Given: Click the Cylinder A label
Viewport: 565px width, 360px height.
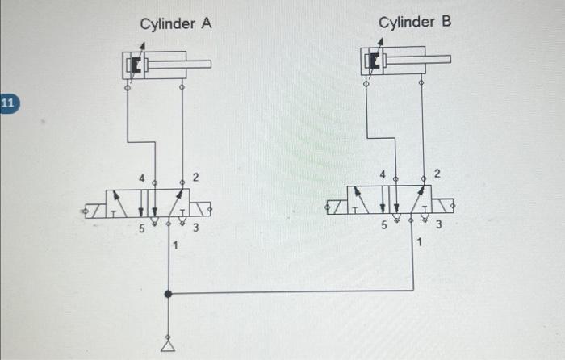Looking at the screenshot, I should [x=176, y=23].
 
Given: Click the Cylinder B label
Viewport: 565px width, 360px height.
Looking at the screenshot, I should [x=415, y=22].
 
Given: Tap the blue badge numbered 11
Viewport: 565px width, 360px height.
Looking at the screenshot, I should [x=8, y=103].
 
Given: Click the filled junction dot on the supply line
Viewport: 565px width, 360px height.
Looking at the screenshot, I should [x=168, y=294].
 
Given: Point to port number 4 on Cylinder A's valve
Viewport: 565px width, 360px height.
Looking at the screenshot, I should [x=141, y=177].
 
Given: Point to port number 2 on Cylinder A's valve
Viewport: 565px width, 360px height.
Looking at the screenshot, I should [x=195, y=177].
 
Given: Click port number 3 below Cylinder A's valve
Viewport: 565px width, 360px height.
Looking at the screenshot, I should [x=195, y=230].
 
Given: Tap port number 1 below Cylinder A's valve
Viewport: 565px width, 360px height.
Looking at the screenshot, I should [x=176, y=245].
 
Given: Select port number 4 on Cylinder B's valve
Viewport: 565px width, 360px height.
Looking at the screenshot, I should [x=383, y=174].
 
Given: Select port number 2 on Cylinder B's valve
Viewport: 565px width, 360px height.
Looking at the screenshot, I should [x=437, y=174].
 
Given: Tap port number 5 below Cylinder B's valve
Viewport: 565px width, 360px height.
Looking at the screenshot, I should [x=384, y=227].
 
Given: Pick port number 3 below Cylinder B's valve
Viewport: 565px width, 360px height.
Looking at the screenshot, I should [x=438, y=226].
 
